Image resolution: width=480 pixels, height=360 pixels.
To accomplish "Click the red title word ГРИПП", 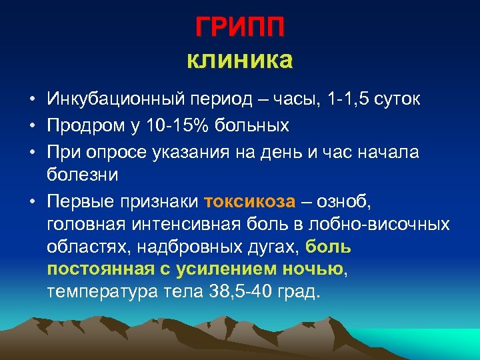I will pyautogui.click(x=240, y=27).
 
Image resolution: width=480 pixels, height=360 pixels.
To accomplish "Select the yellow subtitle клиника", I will pyautogui.click(x=240, y=61).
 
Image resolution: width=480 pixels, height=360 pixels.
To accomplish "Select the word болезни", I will pyautogui.click(x=83, y=176).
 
